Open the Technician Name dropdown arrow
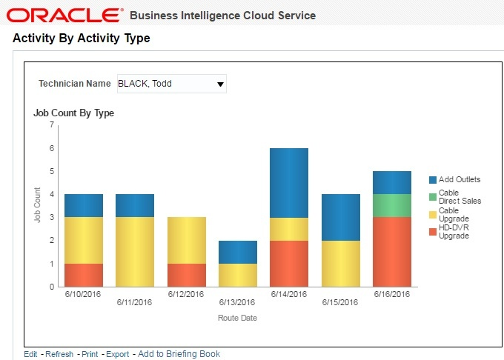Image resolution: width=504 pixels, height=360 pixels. point(220,84)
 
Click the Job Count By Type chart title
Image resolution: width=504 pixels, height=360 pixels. point(73,113)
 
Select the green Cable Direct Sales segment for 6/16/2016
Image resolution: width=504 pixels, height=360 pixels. point(392,205)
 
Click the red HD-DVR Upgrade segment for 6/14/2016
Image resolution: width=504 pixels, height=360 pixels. point(289,263)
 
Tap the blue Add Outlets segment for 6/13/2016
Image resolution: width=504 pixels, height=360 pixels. point(238,252)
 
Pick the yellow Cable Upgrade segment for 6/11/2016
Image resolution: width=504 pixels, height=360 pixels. point(135,251)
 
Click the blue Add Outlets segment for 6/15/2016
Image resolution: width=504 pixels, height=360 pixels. point(341,217)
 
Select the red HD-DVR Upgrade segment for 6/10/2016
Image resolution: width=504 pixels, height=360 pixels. point(84,275)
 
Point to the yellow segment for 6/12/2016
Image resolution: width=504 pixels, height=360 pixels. point(186,240)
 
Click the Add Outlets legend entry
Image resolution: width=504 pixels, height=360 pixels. point(460,179)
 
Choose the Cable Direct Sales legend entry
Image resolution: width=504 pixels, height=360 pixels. point(460,196)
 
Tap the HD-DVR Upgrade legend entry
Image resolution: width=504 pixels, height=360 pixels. point(454,232)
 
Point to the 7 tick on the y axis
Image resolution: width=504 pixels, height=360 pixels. point(52,124)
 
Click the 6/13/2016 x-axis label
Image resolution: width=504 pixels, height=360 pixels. point(237,302)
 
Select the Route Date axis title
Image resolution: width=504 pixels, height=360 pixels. point(237,318)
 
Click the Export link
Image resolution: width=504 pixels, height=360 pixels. point(117,354)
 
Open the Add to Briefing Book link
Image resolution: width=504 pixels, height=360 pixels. point(179,354)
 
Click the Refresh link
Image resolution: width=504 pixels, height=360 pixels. point(59,354)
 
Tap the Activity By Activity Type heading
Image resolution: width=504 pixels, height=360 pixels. point(82,39)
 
